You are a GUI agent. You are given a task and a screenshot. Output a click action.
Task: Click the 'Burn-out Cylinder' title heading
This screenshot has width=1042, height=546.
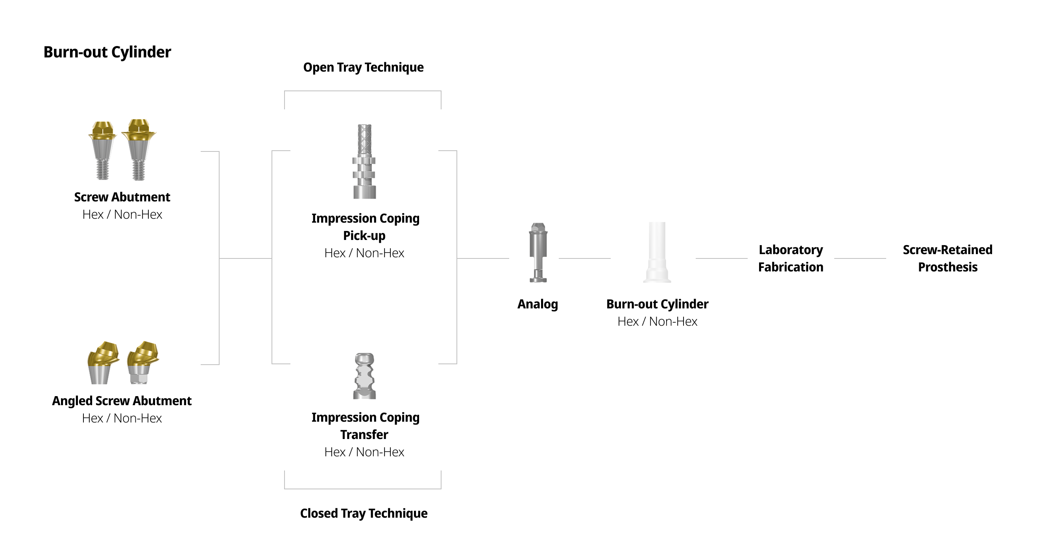[107, 52]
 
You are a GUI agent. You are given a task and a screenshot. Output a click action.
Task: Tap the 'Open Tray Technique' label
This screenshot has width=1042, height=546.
[363, 67]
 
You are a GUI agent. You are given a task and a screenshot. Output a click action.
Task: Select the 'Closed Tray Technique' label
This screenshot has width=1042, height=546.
[364, 513]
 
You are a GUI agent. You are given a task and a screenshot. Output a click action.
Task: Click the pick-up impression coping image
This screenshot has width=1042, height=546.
[364, 162]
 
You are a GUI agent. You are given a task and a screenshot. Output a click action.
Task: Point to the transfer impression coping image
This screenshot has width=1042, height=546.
[364, 376]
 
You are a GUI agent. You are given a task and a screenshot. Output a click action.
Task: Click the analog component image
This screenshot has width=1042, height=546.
[538, 253]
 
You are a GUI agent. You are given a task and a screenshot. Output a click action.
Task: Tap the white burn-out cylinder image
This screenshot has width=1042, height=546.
[657, 253]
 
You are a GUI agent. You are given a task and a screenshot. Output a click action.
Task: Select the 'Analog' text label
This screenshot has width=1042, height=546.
[538, 304]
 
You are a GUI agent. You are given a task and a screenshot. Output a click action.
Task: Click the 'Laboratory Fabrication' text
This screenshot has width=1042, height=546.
[791, 258]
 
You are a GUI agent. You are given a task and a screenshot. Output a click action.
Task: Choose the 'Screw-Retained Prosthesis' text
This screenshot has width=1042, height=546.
[947, 258]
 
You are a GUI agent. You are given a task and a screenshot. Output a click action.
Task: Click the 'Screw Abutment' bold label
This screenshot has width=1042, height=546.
[122, 197]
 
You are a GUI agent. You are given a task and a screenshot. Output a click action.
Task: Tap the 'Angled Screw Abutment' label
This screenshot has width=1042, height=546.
[122, 401]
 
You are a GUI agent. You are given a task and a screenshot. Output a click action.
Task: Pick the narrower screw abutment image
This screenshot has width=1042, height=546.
[102, 150]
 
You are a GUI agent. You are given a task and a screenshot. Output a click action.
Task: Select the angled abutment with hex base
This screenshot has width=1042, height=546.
[142, 363]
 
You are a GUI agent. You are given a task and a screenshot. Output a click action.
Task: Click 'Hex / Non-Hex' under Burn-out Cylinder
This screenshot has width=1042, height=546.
[657, 321]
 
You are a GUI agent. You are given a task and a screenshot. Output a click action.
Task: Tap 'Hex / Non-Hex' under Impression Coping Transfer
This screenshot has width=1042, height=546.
[364, 452]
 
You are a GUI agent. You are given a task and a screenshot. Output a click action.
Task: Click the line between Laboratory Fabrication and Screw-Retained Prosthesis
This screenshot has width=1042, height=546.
[860, 258]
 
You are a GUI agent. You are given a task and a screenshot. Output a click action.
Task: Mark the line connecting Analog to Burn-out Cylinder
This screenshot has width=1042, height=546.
[584, 258]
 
